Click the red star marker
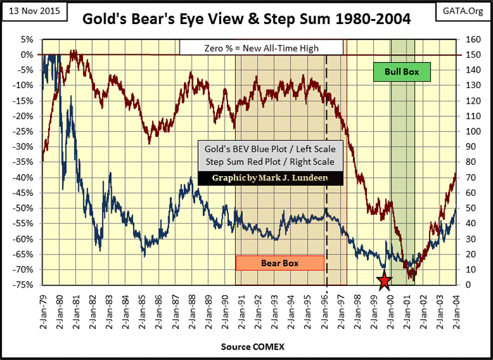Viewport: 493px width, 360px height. [x=384, y=282]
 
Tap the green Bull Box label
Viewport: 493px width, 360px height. [x=401, y=71]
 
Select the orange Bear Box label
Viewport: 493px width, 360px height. [x=280, y=263]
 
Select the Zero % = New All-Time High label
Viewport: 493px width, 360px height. [x=261, y=47]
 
